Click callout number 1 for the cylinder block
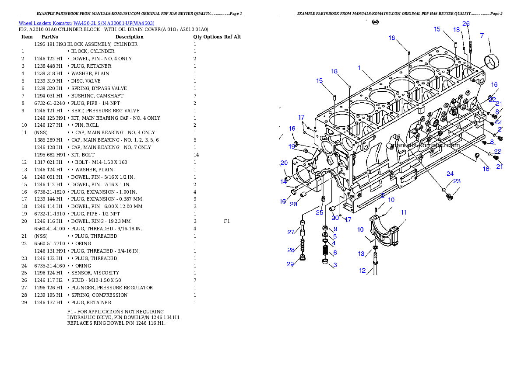tap(359, 68)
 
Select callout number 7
tap(482, 36)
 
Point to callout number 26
tap(466, 24)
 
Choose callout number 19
tap(292, 146)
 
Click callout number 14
tap(284, 181)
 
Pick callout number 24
tap(450, 174)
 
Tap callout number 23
tap(457, 181)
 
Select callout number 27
tap(291, 232)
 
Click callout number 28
tap(291, 250)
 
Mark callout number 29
tap(290, 264)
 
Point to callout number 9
tap(335, 229)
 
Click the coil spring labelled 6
tap(325, 252)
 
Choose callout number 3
tap(335, 265)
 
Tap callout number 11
tap(403, 212)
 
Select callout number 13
tap(361, 254)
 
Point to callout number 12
tap(362, 271)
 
